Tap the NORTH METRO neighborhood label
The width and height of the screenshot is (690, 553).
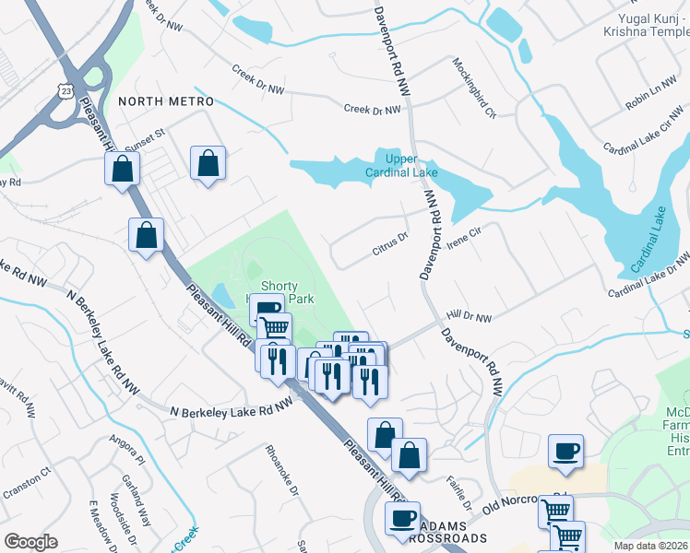pos(165,101)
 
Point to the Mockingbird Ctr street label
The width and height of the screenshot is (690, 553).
pos(474,88)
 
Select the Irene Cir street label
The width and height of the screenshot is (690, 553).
pos(465,239)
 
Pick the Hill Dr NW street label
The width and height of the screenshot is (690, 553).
pos(470,317)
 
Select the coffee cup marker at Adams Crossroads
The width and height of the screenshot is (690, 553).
pos(401,518)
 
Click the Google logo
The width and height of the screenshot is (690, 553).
pos(30,542)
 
